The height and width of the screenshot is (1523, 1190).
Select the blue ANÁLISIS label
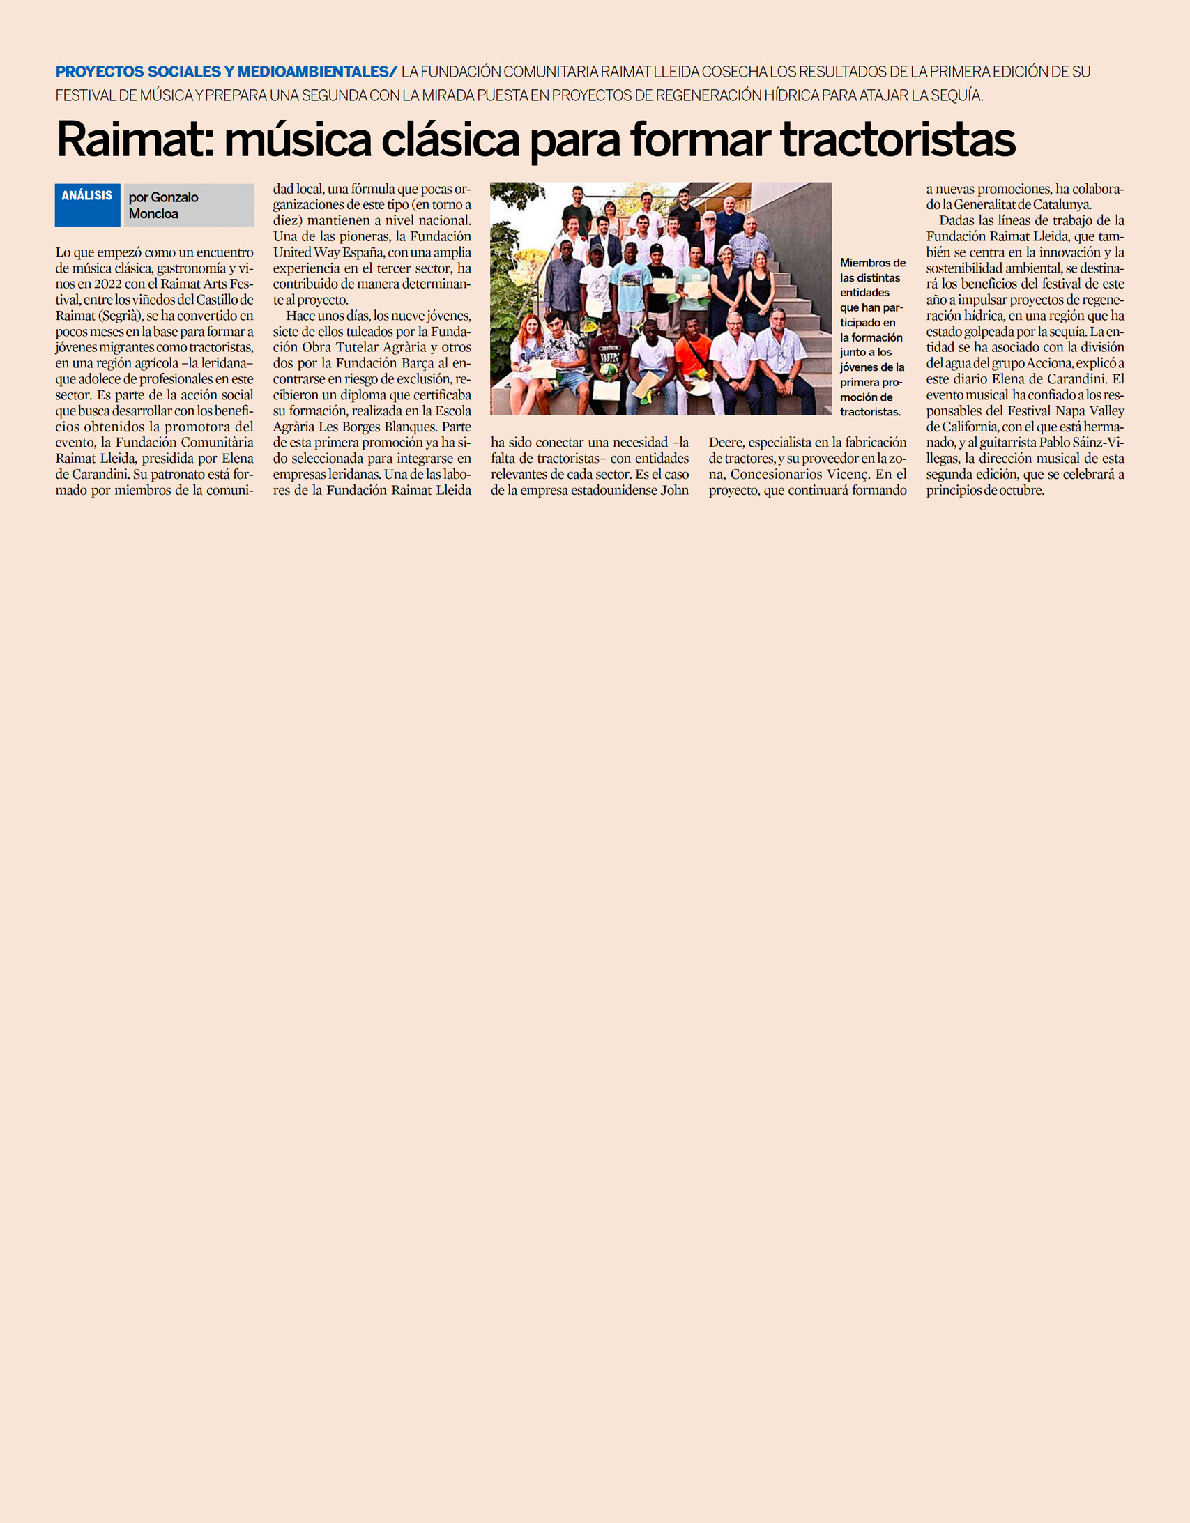[x=87, y=196]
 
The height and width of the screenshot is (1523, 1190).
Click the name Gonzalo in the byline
[x=174, y=197]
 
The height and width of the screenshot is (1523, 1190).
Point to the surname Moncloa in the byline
[x=153, y=214]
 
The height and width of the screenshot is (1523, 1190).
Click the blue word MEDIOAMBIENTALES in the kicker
[x=313, y=72]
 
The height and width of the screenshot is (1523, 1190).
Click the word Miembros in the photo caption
[x=872, y=263]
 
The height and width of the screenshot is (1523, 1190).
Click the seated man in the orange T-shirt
[x=692, y=355]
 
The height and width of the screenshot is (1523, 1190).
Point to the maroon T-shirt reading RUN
[x=609, y=353]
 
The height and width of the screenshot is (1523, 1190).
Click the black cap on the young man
[x=656, y=248]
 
